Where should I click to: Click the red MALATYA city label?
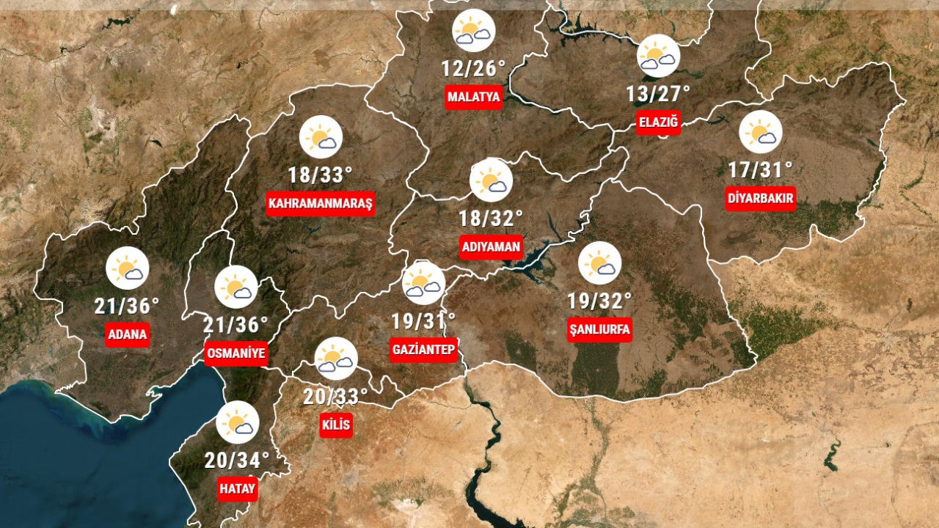tap(474, 97)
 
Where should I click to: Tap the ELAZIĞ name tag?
tap(658, 122)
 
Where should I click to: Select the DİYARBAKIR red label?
tap(760, 198)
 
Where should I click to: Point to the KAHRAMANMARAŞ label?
tap(321, 203)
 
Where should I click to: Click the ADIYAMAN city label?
tap(491, 247)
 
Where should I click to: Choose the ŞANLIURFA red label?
tap(599, 330)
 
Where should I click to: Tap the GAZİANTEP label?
tap(425, 350)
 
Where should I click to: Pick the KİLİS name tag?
tap(337, 425)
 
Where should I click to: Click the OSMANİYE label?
tap(235, 353)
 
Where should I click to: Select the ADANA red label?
tap(128, 335)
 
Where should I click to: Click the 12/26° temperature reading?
tap(473, 69)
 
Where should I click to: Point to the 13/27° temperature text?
tap(658, 94)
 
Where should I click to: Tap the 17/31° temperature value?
tap(760, 170)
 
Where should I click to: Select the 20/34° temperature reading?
tap(237, 461)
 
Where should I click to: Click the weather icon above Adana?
tap(128, 268)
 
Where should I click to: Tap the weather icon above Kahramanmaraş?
tap(321, 137)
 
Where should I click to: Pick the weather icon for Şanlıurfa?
tap(599, 263)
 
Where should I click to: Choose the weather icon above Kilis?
tap(336, 358)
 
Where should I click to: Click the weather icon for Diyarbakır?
tap(760, 132)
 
